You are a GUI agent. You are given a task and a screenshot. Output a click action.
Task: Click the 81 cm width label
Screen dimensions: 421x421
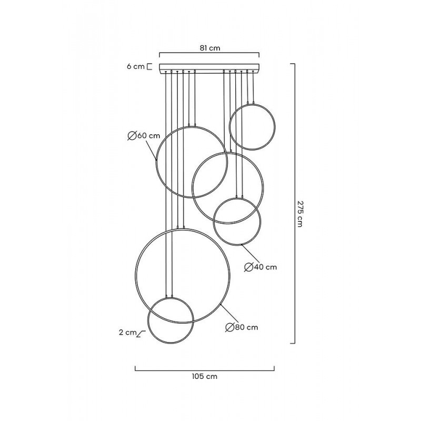pos(210,48)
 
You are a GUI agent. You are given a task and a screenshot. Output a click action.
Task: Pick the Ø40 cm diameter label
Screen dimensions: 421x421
pos(260,267)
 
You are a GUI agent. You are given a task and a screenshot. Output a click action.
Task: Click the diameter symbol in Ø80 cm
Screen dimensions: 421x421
pos(229,327)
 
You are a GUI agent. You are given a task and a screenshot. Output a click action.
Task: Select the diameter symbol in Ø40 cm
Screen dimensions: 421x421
pos(248,267)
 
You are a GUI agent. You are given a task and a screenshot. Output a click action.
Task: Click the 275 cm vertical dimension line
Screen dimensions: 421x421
pos(293,203)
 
